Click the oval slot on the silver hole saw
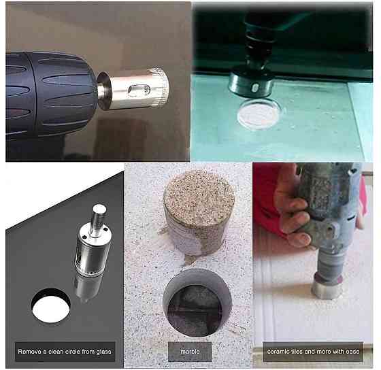(x=139, y=90)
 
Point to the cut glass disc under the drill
(x=259, y=113)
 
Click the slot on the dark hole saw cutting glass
(x=254, y=88)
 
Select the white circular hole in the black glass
(x=51, y=306)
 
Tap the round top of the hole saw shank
(x=99, y=209)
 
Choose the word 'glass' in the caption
(x=103, y=352)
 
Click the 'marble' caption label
(x=190, y=352)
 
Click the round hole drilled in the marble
(x=197, y=303)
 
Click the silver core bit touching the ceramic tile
(x=326, y=286)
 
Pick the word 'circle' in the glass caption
(x=70, y=352)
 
